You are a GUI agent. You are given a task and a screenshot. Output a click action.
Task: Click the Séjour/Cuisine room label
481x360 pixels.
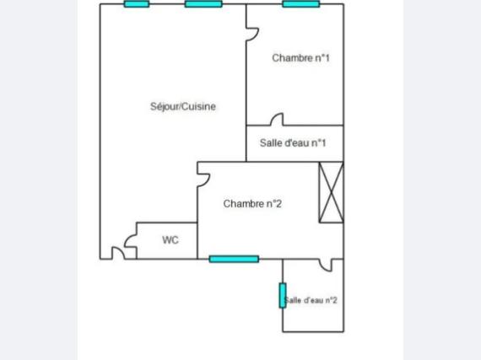[183, 106]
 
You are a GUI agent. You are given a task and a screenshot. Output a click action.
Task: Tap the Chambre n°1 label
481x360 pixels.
[300, 58]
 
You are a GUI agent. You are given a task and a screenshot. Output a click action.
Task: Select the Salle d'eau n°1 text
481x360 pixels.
[293, 142]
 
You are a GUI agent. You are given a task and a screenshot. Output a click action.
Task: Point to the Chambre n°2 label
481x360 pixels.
[252, 204]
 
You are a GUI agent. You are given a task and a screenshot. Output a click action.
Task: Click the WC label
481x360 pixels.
[170, 240]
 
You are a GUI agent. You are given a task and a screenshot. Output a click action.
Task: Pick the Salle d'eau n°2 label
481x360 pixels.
[311, 300]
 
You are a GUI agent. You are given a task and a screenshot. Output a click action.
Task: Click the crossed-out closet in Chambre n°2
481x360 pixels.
[332, 192]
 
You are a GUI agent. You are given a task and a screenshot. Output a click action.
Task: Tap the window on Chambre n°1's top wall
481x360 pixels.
[301, 4]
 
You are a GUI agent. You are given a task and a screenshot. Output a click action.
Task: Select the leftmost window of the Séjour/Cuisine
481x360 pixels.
[137, 4]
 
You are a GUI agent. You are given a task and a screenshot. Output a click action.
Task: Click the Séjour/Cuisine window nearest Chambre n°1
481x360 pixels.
[203, 4]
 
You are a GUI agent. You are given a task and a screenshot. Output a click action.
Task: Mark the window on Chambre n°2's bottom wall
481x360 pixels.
[234, 259]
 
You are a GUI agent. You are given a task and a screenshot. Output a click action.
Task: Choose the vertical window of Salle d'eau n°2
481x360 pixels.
[283, 295]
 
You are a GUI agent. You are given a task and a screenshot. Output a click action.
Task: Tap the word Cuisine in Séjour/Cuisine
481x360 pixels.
[199, 106]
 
